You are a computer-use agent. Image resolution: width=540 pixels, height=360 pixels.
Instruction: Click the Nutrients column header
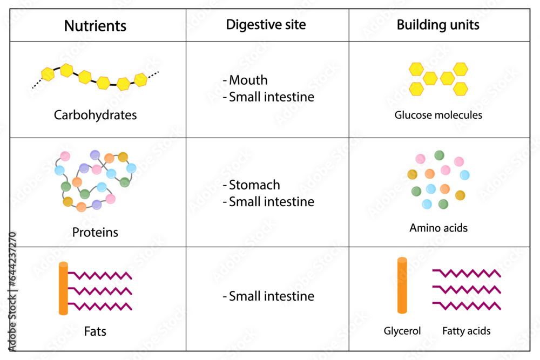click(x=95, y=25)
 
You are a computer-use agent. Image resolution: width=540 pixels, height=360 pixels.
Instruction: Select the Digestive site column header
click(x=266, y=25)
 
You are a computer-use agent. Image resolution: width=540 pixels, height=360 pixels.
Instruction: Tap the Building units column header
click(x=438, y=25)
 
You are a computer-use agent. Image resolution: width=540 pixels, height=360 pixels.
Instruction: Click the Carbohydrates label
click(x=95, y=115)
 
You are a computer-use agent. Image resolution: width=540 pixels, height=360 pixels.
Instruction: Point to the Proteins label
click(x=95, y=233)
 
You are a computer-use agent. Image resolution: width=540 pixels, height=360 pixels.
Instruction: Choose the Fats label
click(x=95, y=331)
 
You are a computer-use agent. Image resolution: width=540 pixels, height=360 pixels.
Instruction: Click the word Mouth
click(x=248, y=80)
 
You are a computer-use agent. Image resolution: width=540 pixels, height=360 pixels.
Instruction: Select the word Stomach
click(x=254, y=185)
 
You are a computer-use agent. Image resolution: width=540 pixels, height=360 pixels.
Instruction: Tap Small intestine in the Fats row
click(x=271, y=296)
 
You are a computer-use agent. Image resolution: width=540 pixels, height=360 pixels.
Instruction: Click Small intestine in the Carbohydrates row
click(x=271, y=97)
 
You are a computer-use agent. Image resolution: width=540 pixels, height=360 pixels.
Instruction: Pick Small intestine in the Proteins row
click(x=271, y=202)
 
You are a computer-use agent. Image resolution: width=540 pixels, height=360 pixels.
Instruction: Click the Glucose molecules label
click(x=438, y=115)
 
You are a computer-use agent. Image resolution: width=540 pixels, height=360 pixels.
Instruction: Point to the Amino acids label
click(x=438, y=228)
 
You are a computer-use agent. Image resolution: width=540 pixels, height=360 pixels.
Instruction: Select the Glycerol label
click(x=402, y=331)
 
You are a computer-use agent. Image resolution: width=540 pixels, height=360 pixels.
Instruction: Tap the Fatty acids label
click(x=466, y=331)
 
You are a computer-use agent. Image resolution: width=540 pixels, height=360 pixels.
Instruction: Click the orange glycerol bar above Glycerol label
click(x=402, y=286)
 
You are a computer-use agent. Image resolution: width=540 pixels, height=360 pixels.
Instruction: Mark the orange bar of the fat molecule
click(x=63, y=288)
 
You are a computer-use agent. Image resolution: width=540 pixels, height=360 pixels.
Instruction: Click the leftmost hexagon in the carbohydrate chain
click(x=48, y=74)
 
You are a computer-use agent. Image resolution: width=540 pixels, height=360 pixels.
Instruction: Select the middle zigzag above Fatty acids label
click(x=467, y=289)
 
